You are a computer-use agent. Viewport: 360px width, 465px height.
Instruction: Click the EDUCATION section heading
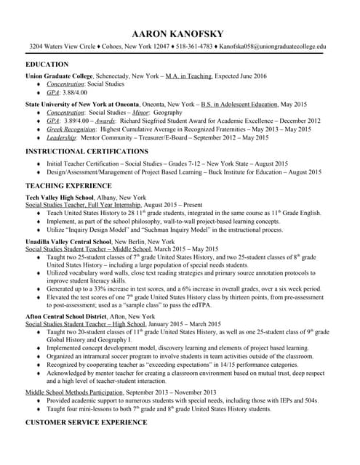pos(47,64)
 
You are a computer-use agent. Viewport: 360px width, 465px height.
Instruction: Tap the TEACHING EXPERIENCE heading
pos(68,186)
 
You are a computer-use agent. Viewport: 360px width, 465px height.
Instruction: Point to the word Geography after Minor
pos(173,113)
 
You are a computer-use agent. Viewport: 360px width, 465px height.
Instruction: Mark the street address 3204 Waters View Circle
pos(63,46)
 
